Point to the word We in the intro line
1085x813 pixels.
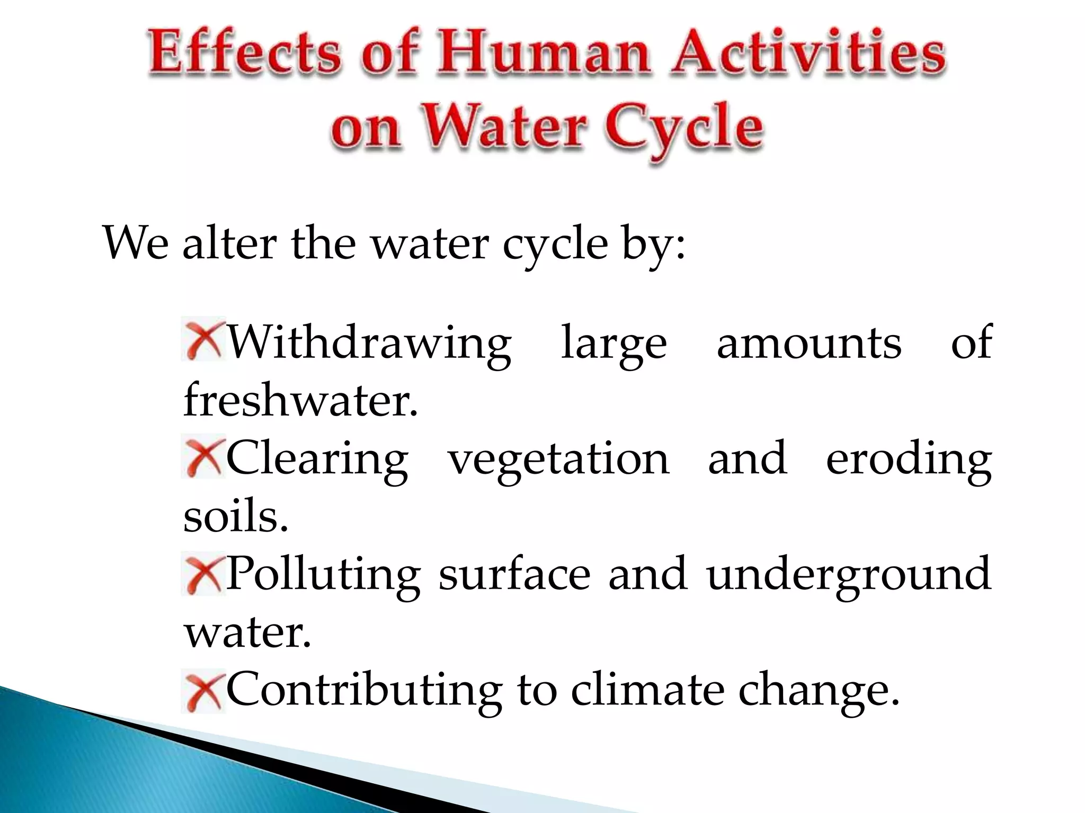136,243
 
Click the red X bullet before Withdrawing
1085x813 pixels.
203,339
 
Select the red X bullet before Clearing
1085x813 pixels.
203,456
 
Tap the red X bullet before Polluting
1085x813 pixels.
203,573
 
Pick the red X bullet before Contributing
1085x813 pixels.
203,691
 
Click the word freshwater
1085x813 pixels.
300,400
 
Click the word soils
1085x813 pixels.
235,516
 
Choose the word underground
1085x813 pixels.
848,575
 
